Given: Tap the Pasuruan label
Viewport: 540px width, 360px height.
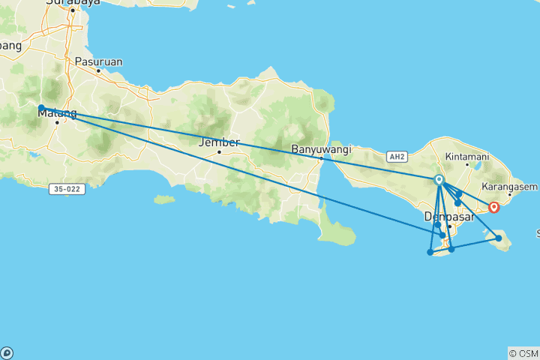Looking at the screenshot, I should (x=98, y=61).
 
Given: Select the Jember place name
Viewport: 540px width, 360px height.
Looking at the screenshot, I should (x=218, y=142).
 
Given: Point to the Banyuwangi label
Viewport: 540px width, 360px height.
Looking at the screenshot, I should (x=320, y=148).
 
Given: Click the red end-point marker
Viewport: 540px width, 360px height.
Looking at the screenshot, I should (x=494, y=206).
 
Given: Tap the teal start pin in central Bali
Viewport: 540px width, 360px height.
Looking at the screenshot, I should (x=439, y=180).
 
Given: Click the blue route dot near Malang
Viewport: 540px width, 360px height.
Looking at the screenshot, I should (x=42, y=108).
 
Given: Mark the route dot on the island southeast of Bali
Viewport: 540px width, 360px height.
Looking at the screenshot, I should (x=499, y=238).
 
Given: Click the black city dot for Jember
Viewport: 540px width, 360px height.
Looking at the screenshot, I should (x=219, y=152).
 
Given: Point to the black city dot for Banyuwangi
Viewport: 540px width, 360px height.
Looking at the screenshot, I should (x=321, y=158).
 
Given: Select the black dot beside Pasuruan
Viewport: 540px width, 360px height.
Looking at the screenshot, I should (x=98, y=71).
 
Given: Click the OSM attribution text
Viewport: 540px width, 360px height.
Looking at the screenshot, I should (x=523, y=352).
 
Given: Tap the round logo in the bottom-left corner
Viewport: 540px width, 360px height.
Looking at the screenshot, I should (x=7, y=352).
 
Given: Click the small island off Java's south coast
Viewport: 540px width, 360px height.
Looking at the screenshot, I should (x=163, y=199).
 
